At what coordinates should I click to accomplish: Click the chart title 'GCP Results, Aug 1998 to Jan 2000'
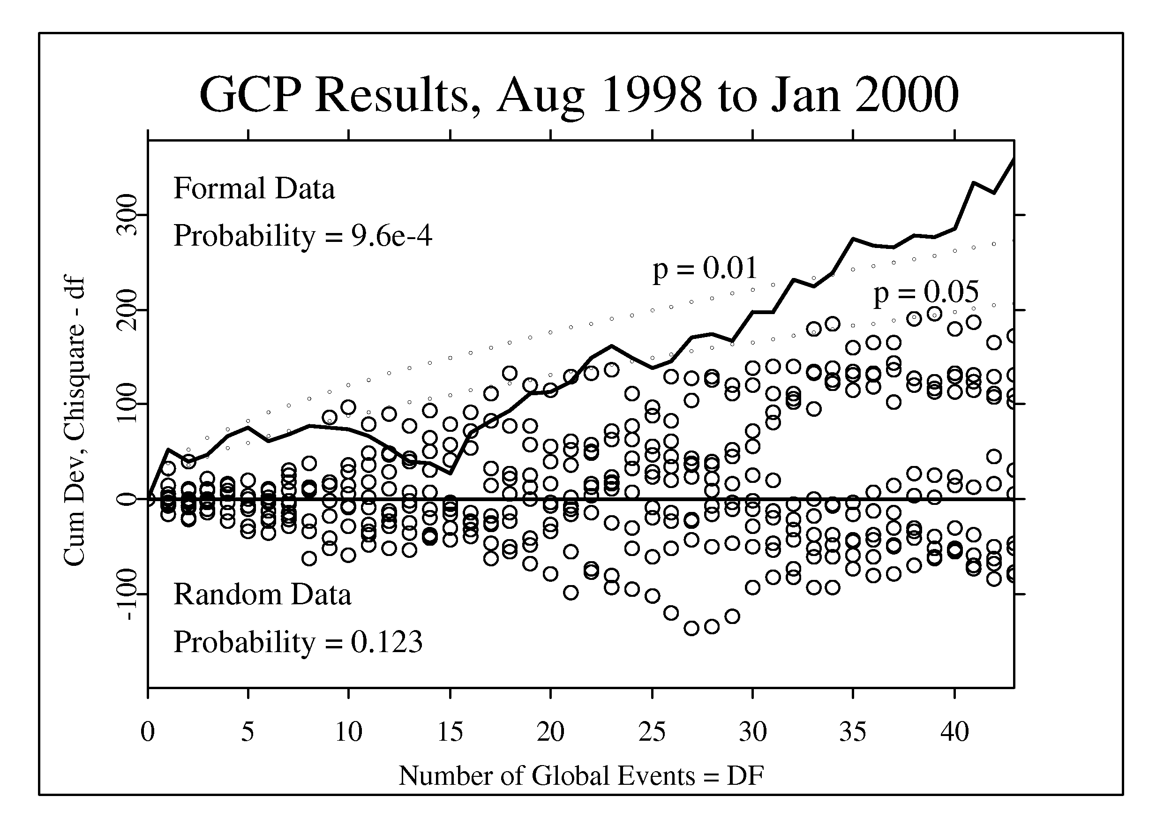[579, 95]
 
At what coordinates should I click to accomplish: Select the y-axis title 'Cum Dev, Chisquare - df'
[75, 421]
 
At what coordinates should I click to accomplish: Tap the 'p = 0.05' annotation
[926, 293]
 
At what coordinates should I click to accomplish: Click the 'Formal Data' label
[254, 188]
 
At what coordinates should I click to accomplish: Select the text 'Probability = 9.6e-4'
[303, 237]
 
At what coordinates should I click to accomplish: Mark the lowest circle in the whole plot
[691, 628]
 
